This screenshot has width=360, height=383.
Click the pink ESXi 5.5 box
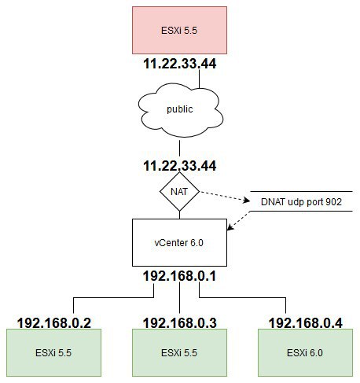tap(179, 31)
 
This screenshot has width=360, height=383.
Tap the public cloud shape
tap(180, 110)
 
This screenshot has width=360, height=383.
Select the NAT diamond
tap(179, 191)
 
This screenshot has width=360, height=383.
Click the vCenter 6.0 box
tap(179, 242)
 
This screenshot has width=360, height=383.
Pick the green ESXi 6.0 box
tap(305, 353)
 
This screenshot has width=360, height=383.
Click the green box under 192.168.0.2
tap(53, 353)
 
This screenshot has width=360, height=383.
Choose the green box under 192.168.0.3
tap(179, 353)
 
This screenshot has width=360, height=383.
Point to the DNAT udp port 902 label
tap(301, 201)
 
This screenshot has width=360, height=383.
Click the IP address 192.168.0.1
tap(179, 276)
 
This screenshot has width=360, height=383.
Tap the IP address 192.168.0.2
tap(54, 322)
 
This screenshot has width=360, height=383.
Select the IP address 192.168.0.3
tap(180, 322)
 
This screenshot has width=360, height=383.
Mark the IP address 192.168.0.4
tap(306, 322)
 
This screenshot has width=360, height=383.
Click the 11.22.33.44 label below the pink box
tap(180, 64)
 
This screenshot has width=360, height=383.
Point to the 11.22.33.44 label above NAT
tap(180, 166)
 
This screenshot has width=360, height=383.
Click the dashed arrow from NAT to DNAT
tap(225, 196)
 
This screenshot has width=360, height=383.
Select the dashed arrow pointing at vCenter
tap(239, 221)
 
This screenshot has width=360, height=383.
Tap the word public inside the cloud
tap(180, 109)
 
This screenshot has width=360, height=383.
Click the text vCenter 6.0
tap(179, 243)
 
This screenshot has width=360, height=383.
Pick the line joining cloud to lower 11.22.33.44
tap(179, 148)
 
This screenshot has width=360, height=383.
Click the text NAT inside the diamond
tap(179, 192)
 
